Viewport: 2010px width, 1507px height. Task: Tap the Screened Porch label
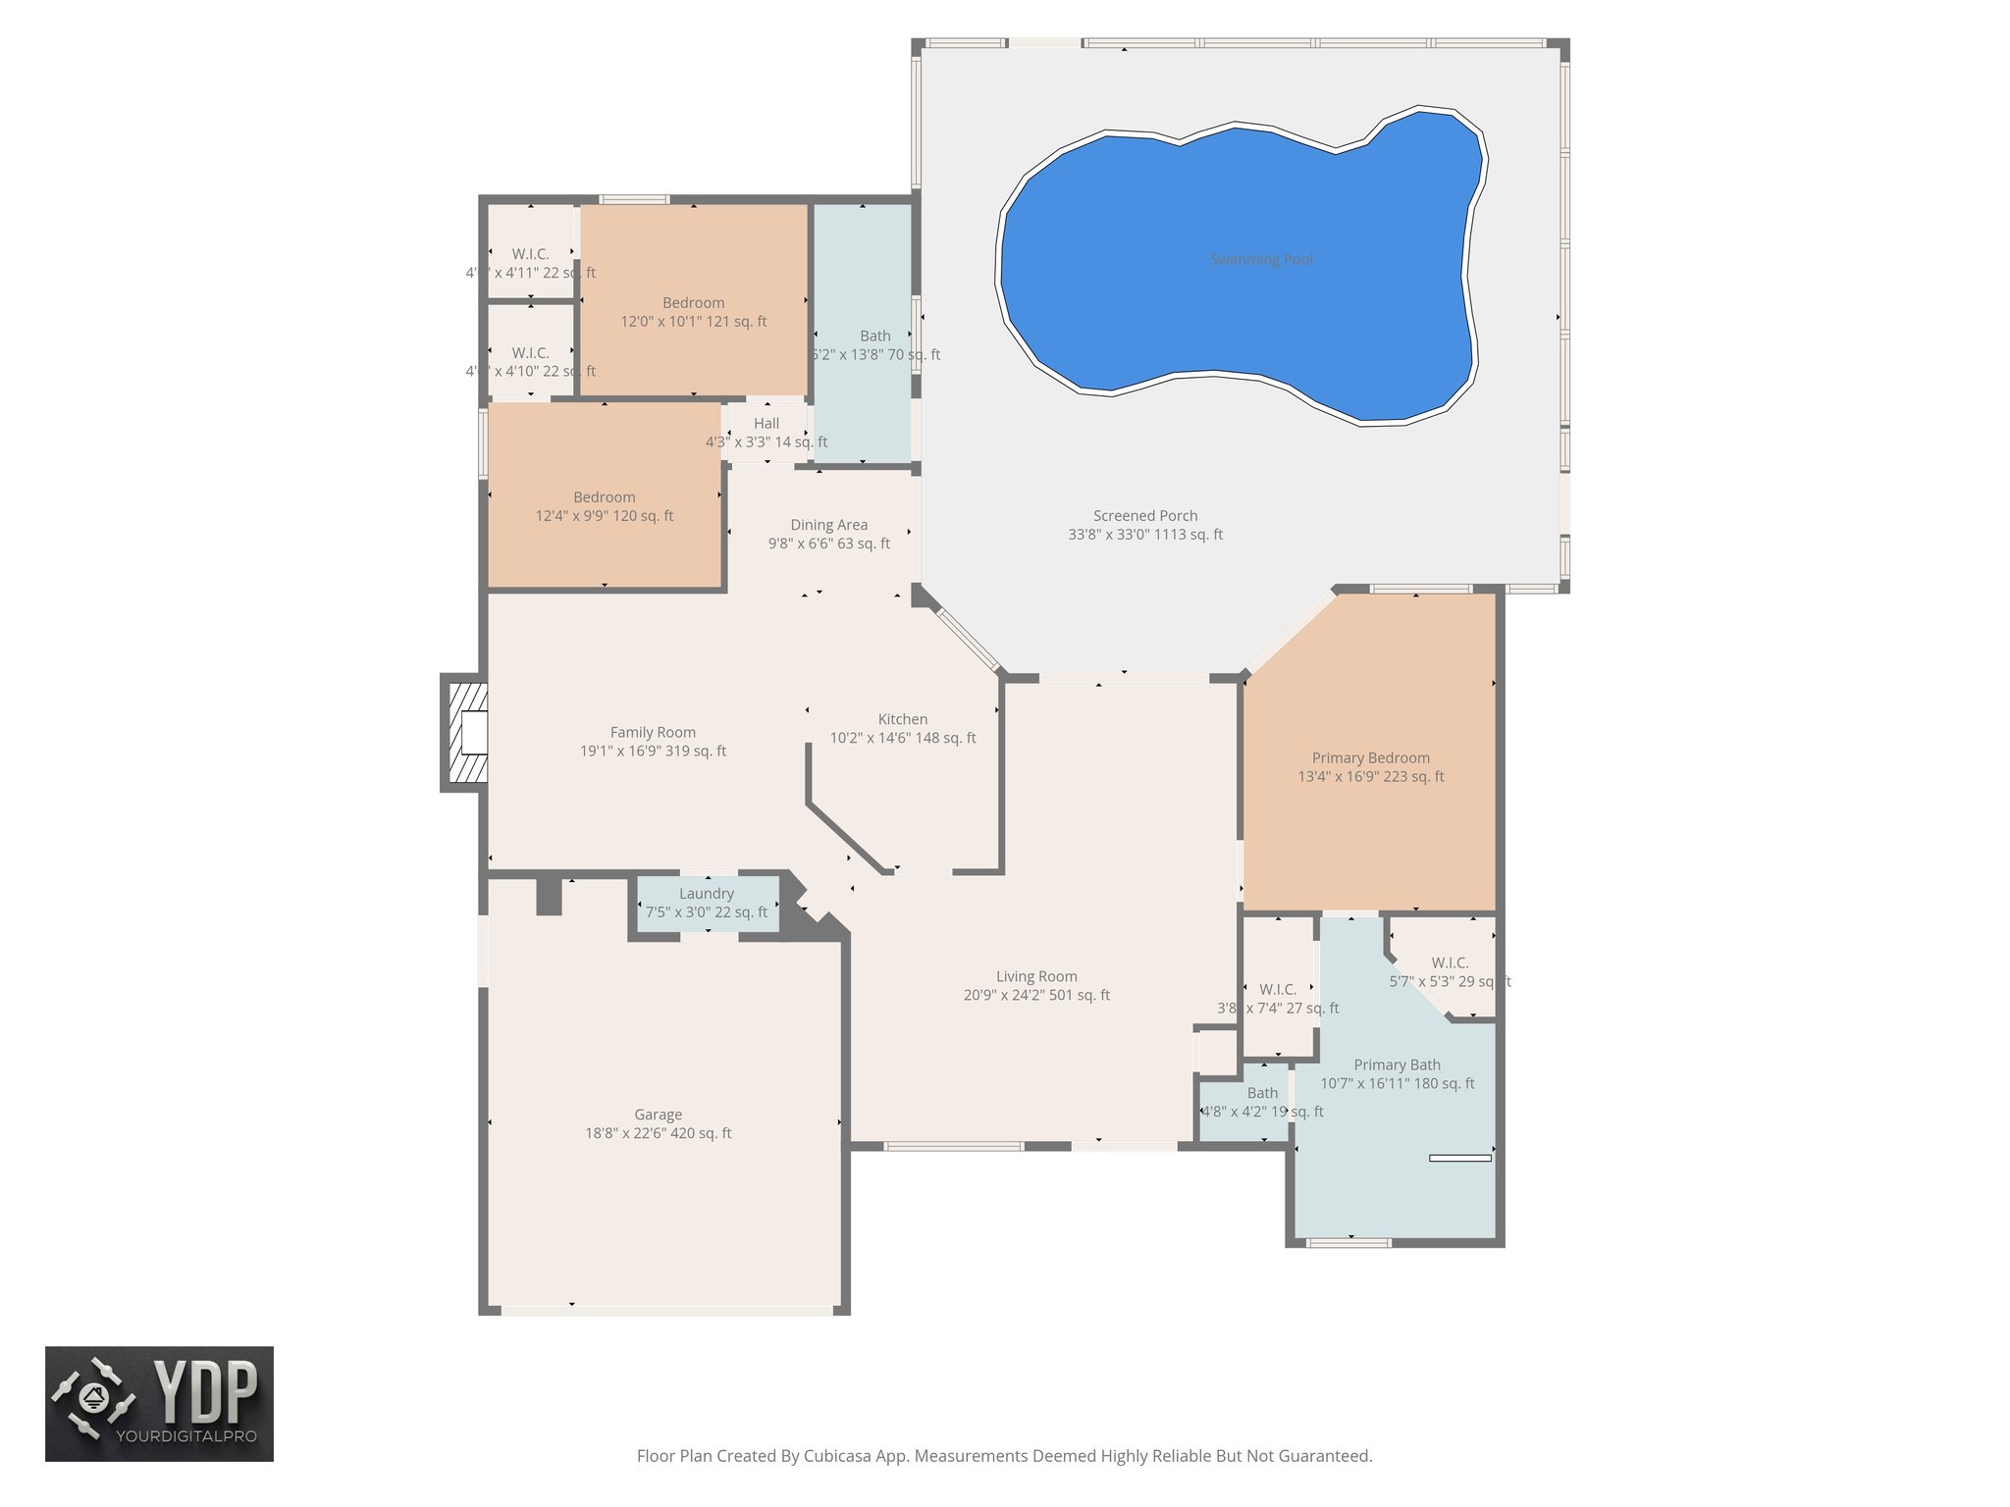(x=1145, y=516)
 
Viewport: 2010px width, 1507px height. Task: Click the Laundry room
(x=707, y=903)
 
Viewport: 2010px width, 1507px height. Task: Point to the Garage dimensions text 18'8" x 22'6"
(x=628, y=1133)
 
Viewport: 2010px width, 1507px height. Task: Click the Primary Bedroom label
(x=1370, y=757)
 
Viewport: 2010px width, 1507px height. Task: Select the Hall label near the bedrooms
(x=767, y=424)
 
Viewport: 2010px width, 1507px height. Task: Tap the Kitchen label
(x=902, y=719)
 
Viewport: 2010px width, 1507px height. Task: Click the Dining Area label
(x=828, y=525)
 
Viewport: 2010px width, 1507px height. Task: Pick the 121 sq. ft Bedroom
(x=693, y=312)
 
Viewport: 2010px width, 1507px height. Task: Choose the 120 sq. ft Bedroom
(x=605, y=506)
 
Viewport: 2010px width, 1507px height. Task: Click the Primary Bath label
(x=1397, y=1065)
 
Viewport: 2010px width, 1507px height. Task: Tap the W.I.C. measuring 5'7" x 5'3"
(x=1449, y=971)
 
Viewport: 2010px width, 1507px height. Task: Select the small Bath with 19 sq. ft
(x=1262, y=1102)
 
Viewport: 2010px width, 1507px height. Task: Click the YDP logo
(x=159, y=1403)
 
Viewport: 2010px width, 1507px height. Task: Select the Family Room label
(x=653, y=732)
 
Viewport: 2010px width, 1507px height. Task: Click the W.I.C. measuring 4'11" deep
(x=530, y=254)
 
